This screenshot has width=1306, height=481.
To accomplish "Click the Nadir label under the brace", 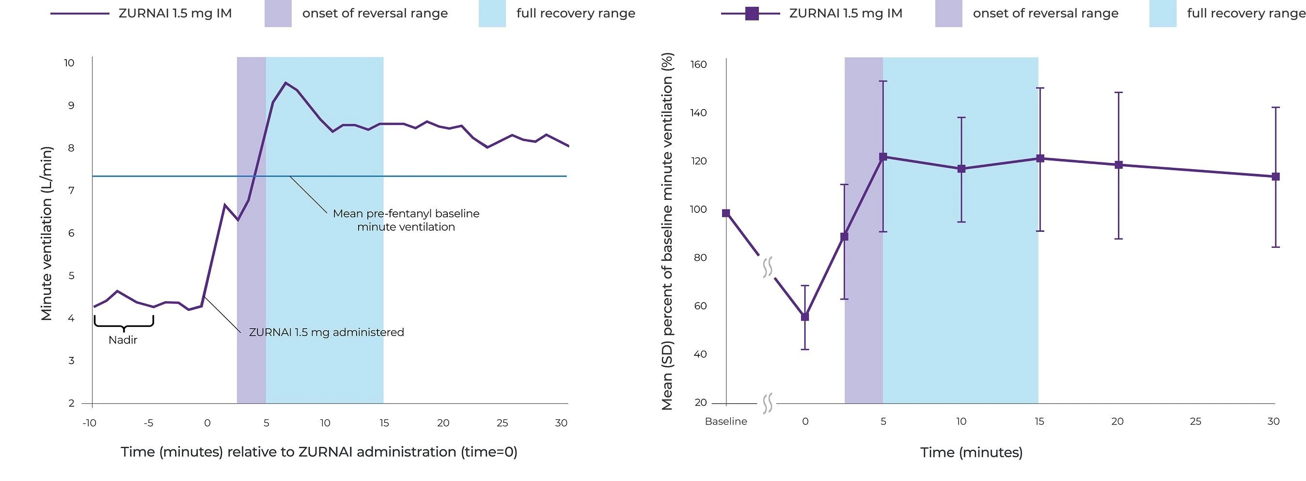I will point(123,340).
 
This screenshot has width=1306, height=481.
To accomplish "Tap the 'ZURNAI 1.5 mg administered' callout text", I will point(326,332).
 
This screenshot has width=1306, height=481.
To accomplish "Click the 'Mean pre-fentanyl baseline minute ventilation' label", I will point(406,220).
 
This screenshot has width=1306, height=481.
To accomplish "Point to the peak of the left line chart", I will point(285,83).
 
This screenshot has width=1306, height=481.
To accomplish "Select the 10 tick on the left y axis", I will point(69,63).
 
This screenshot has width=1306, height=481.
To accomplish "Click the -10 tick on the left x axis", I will point(89,423).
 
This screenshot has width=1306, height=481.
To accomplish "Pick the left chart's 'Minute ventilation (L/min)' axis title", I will point(47,233).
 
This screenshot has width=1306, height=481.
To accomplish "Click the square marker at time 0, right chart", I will point(804,317).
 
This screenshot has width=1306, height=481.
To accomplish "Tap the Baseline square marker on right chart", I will point(726,213).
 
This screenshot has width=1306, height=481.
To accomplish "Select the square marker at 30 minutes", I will point(1275,176).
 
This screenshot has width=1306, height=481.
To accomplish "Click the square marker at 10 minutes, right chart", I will point(961,169).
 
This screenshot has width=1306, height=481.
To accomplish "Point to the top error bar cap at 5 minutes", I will point(883,81).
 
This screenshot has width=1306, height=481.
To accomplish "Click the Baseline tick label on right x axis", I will point(726,421).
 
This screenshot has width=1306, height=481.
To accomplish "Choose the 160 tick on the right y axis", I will point(698,64).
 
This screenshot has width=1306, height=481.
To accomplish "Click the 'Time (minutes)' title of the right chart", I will point(971,452).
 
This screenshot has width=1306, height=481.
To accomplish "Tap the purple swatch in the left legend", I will point(278,13).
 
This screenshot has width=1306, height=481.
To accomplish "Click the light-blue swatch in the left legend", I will point(492,13).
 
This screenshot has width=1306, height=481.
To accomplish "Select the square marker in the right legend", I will point(752,13).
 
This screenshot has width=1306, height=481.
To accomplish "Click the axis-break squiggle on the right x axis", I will point(767,403).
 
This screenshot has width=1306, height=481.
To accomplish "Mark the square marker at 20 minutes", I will point(1118,165).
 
